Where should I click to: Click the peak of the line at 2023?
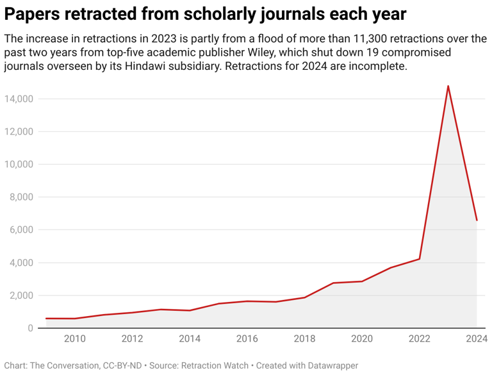[448, 86]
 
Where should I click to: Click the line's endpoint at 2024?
[477, 221]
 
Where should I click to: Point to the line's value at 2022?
[419, 259]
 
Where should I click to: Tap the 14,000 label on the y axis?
[18, 99]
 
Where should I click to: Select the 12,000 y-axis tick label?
[18, 131]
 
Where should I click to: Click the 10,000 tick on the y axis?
[18, 164]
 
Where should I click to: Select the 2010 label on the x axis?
[75, 338]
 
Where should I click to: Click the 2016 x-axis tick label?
[247, 338]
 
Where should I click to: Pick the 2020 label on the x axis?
[362, 338]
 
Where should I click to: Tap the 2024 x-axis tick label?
[477, 338]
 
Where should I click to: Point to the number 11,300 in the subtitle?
[373, 38]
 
